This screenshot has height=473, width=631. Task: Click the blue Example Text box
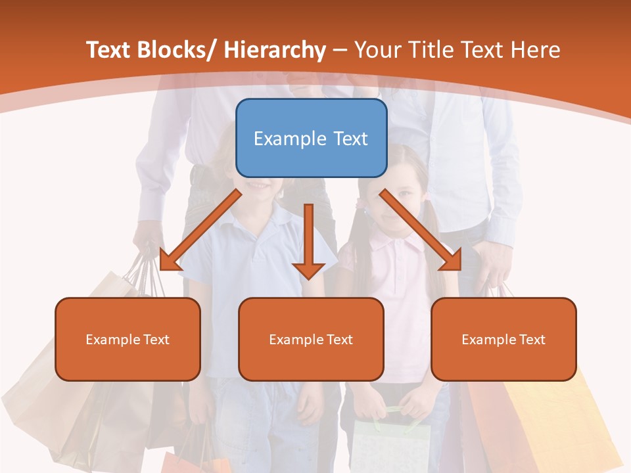[311, 138]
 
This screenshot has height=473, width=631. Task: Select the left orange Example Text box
[128, 339]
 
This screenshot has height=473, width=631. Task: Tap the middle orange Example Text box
[311, 339]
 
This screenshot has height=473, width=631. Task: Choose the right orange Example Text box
[503, 339]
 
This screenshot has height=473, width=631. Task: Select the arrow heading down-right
[421, 231]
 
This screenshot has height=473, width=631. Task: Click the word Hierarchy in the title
[275, 50]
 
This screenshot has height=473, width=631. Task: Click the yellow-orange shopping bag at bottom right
[565, 420]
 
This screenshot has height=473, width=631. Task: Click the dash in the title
[340, 50]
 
